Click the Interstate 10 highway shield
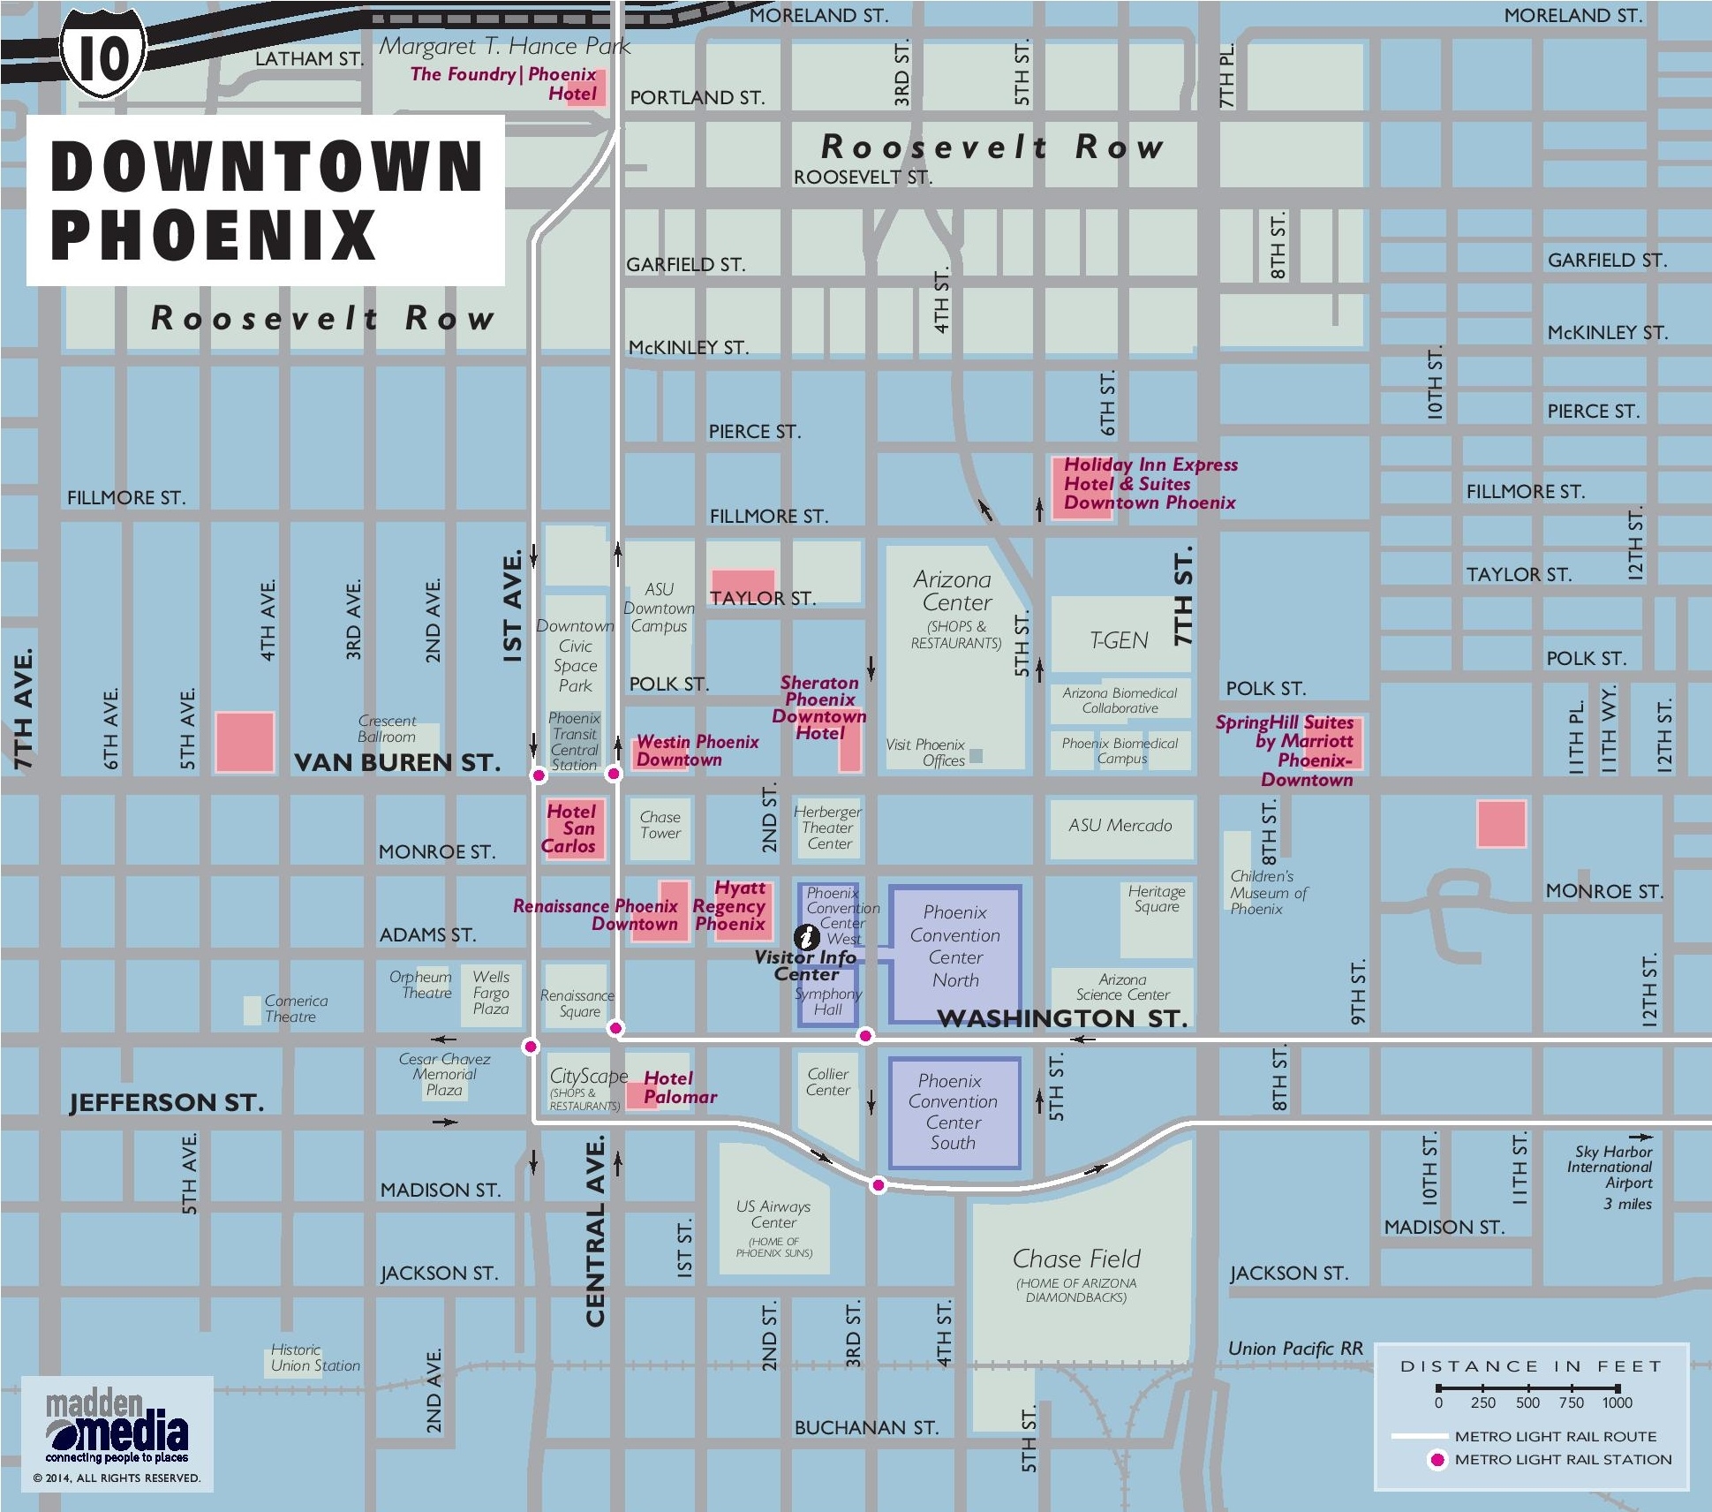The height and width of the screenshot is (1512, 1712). click(103, 55)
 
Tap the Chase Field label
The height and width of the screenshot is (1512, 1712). click(1076, 1259)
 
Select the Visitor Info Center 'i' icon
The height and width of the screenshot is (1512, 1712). click(806, 937)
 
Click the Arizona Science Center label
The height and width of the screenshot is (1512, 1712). click(1122, 987)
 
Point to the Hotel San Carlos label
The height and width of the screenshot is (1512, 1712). click(570, 828)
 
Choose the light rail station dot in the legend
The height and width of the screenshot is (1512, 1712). click(1437, 1460)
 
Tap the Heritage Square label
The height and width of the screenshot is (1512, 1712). click(1156, 898)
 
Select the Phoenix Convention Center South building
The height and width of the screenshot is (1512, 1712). click(954, 1112)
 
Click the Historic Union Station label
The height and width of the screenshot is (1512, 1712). click(315, 1357)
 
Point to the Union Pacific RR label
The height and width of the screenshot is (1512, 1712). click(1295, 1349)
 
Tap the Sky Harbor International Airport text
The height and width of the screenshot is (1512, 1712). click(1612, 1168)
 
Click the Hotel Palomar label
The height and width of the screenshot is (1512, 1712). click(679, 1087)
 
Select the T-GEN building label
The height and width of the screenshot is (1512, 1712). click(1119, 640)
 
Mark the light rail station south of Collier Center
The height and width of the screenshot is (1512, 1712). click(878, 1185)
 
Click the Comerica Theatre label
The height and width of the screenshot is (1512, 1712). click(296, 1009)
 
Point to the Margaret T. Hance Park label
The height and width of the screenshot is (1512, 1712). click(505, 47)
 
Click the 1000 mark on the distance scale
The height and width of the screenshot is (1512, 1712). click(1618, 1402)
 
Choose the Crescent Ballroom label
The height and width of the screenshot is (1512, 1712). click(387, 729)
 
